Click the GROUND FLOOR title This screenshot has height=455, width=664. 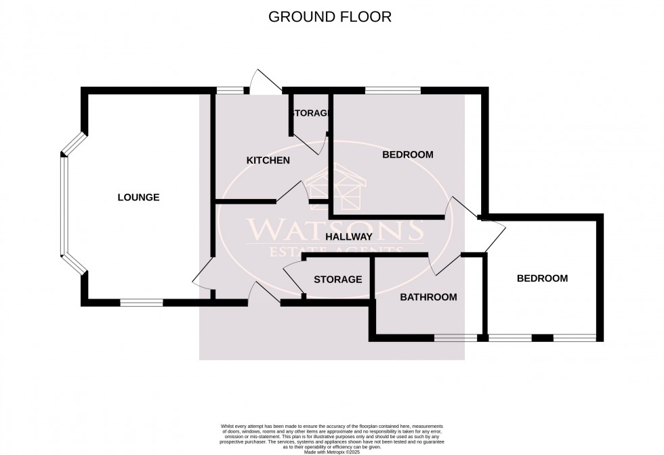pos(330,17)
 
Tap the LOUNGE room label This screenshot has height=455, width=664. pos(138,198)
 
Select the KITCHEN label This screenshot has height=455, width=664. pos(268,160)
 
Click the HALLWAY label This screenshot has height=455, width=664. pos(349,237)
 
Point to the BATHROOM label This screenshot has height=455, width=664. pos(428,297)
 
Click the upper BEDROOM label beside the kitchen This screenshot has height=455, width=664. pos(407,154)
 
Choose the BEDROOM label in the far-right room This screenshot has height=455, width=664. pos(542,278)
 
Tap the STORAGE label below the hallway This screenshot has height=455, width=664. pos(337,279)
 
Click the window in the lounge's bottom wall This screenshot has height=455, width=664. pos(142,303)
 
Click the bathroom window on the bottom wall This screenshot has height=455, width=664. pos(455,337)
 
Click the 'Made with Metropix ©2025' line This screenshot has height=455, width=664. pos(332,442)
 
